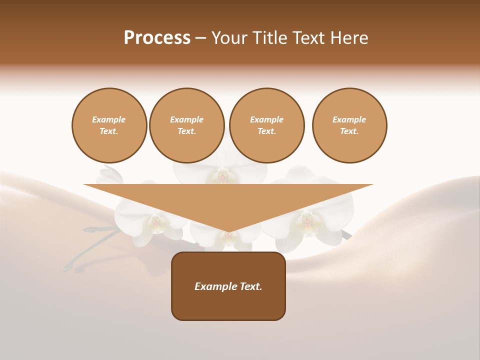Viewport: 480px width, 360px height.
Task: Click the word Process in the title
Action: [157, 38]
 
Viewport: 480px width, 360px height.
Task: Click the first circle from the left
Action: [109, 125]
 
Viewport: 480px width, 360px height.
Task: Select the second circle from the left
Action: [186, 125]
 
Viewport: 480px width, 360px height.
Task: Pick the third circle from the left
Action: [266, 125]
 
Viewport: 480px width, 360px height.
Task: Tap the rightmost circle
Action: [349, 125]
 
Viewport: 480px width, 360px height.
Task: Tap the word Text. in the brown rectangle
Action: [251, 286]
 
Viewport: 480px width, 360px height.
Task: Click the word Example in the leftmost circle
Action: [109, 119]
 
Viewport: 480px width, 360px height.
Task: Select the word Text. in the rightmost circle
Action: [349, 131]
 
